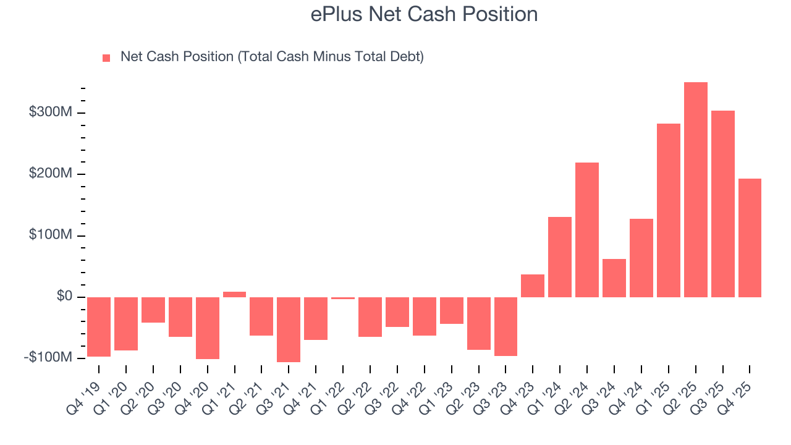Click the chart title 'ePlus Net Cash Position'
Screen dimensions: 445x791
(424, 14)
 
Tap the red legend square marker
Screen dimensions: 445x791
(106, 58)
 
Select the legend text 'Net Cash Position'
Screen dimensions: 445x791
(272, 57)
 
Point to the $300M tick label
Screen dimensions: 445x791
(50, 112)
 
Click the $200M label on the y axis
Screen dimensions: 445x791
(50, 174)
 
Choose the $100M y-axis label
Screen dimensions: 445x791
(50, 235)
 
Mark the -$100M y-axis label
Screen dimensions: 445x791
(48, 358)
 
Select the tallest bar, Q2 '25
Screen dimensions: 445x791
(695, 190)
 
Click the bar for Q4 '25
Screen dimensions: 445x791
(750, 238)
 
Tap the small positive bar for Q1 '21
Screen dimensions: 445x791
(234, 294)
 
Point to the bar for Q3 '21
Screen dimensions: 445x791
(289, 329)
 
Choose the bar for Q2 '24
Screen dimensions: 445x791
(587, 230)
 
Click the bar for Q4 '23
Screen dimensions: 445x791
(533, 286)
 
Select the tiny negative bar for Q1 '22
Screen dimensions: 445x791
(343, 298)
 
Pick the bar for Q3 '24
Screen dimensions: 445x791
(614, 278)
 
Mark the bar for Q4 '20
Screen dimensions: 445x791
(208, 328)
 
